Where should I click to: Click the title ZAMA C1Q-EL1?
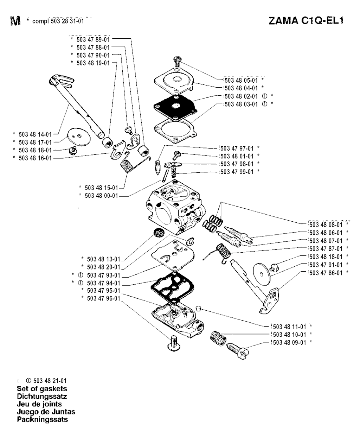pos(306,20)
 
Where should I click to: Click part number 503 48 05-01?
pos(241,80)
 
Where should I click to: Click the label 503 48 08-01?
pos(326,224)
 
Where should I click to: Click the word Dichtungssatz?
pos(42,397)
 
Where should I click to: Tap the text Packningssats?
pos(42,420)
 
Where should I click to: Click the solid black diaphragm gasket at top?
pos(174,106)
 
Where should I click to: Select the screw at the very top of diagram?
pos(178,63)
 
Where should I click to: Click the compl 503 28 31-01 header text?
pos(58,21)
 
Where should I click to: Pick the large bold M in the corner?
pos(15,21)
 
